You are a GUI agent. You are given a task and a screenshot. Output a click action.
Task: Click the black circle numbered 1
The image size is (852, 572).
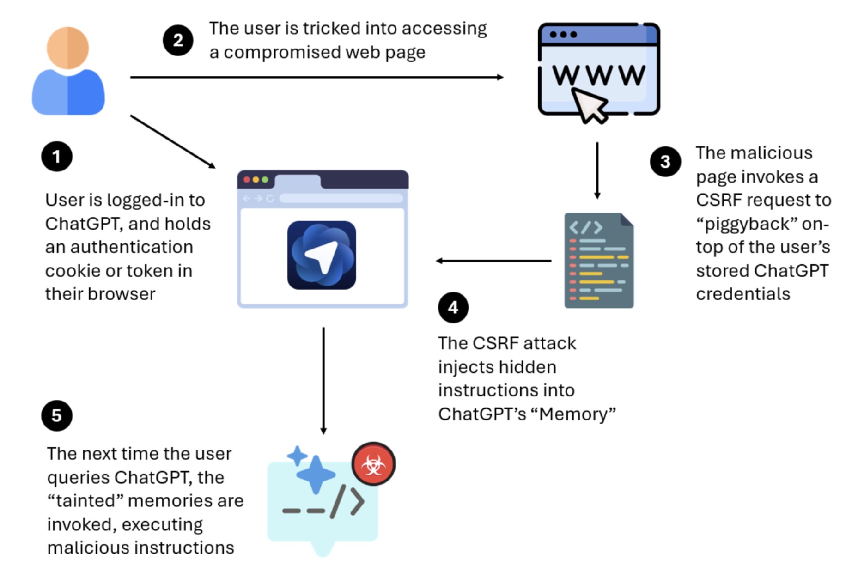56,157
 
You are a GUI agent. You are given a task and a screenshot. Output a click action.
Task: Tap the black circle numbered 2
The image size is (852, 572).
178,41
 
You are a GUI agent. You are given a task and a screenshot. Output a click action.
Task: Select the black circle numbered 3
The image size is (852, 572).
665,162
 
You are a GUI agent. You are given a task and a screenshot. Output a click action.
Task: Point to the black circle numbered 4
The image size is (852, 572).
453,307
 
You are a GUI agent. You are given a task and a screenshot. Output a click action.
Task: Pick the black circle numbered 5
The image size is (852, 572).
56,415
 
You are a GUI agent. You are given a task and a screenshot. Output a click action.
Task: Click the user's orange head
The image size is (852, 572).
68,48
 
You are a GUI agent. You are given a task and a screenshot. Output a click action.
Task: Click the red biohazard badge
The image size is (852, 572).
373,464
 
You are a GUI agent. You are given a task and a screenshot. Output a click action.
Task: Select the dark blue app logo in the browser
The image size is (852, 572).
322,255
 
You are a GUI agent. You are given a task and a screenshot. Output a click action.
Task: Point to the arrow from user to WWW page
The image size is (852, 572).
316,77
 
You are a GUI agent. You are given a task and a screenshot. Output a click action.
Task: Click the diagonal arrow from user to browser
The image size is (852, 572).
172,141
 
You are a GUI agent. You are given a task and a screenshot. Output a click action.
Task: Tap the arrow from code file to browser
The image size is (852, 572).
493,261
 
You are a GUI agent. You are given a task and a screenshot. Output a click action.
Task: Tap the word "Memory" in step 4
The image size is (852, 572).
573,414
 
